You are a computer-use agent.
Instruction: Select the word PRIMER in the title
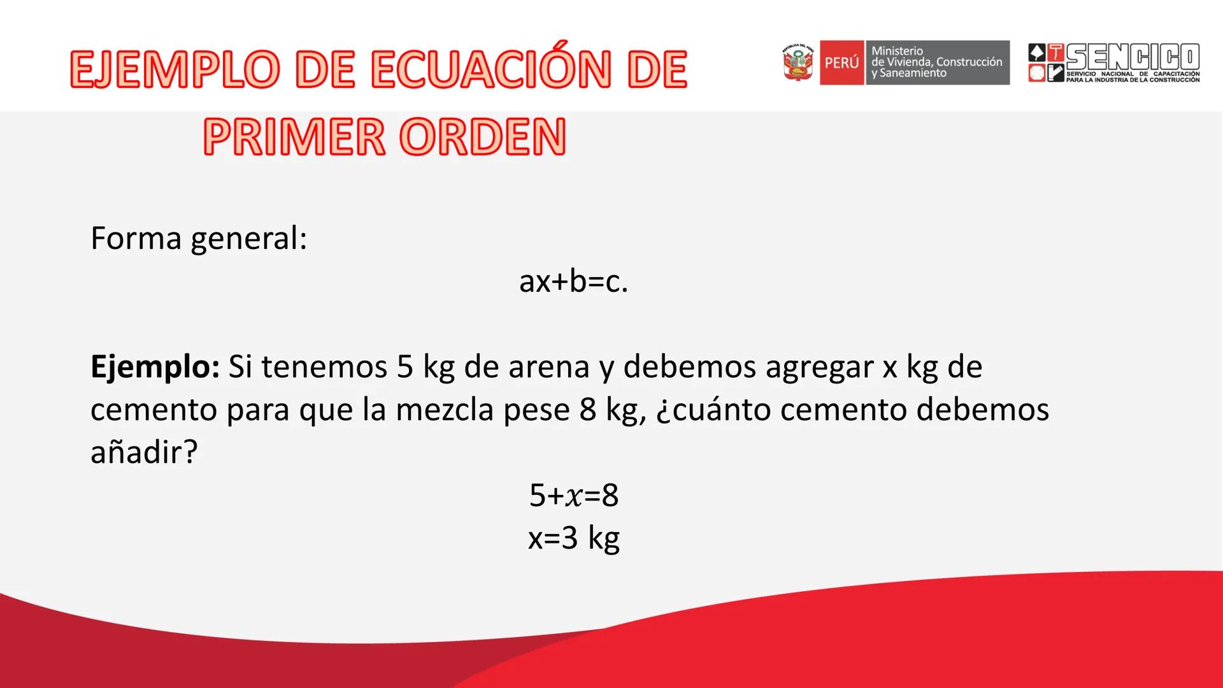(x=294, y=137)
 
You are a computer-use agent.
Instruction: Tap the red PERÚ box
(x=842, y=62)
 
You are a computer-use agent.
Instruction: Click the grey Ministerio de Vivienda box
(x=937, y=62)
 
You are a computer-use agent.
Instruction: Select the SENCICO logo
(x=1114, y=62)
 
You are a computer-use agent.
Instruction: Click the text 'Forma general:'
(x=199, y=240)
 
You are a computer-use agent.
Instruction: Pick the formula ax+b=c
(x=574, y=282)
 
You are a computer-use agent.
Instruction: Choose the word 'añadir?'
(x=144, y=452)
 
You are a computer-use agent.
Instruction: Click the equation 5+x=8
(x=574, y=496)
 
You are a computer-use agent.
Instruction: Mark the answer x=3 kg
(x=574, y=539)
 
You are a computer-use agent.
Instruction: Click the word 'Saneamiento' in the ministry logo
(x=909, y=73)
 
